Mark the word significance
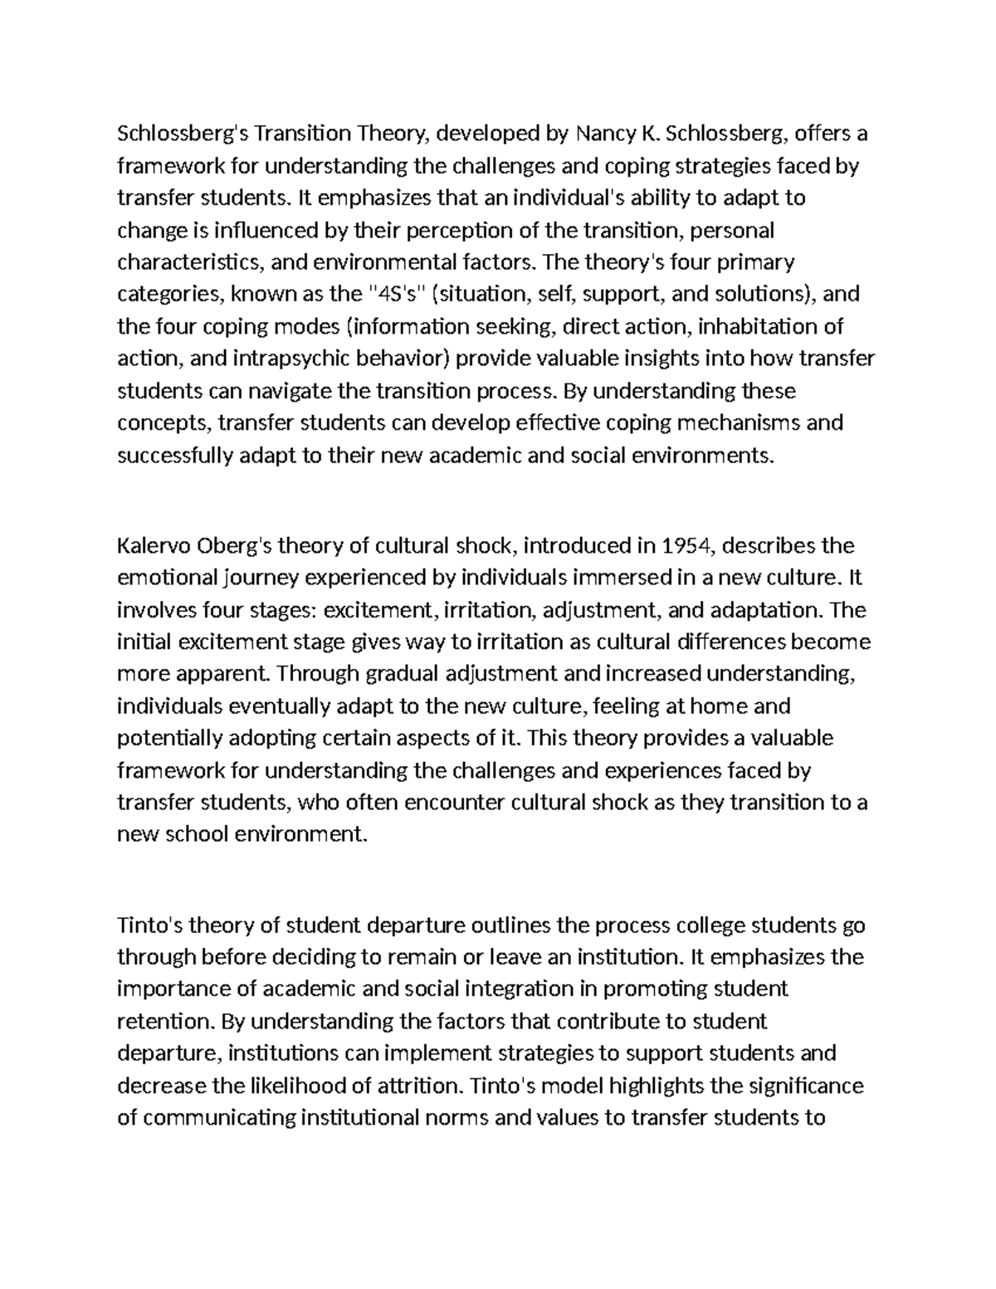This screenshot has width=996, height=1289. (806, 1085)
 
